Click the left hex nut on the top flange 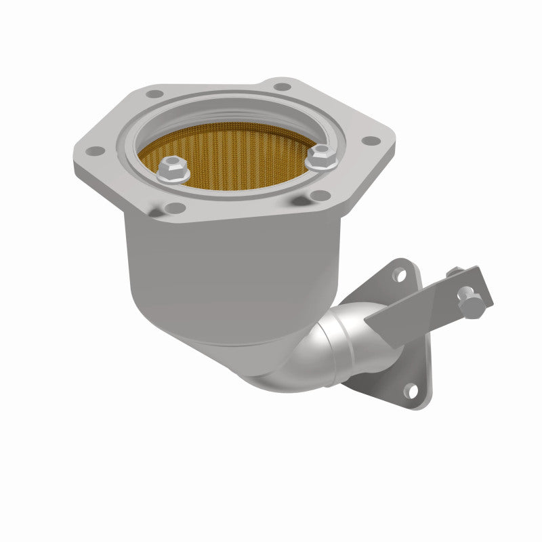(173, 170)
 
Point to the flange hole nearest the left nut (175, 207)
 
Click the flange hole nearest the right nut (319, 196)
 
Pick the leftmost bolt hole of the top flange (97, 150)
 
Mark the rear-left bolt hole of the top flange (155, 94)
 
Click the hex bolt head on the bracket (469, 303)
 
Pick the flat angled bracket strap (420, 298)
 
